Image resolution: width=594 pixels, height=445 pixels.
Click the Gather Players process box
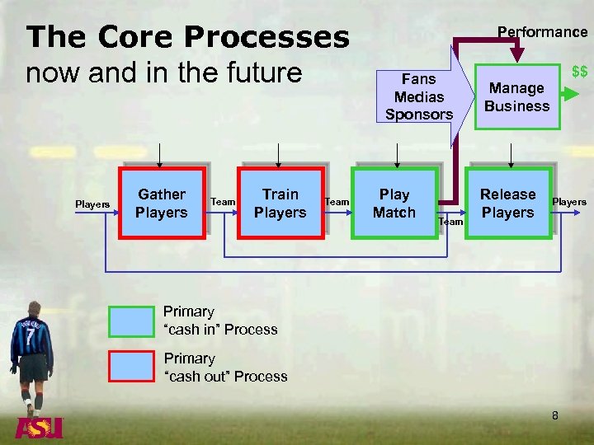click(x=162, y=204)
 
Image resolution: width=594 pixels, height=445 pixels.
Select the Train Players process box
click(x=280, y=204)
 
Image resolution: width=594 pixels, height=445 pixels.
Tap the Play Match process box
click(x=394, y=204)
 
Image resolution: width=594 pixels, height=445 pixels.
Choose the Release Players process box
click(x=507, y=204)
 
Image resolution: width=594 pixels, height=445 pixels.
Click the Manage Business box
click(x=517, y=97)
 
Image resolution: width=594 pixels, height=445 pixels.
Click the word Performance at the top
click(x=542, y=32)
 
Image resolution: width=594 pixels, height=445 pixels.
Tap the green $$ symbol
click(x=580, y=74)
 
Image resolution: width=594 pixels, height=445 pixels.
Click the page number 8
click(x=555, y=415)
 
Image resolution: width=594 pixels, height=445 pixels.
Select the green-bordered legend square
click(x=132, y=321)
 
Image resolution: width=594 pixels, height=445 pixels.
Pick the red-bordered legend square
click(x=132, y=368)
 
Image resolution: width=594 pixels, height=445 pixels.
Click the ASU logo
click(x=39, y=429)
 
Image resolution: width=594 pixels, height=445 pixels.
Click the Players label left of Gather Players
click(x=92, y=204)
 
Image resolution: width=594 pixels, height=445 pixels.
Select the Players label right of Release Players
click(x=569, y=202)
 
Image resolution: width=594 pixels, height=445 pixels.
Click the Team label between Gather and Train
click(x=223, y=202)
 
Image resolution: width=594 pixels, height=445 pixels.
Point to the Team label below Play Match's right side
click(x=450, y=221)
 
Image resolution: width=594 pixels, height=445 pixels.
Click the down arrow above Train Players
click(x=278, y=155)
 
